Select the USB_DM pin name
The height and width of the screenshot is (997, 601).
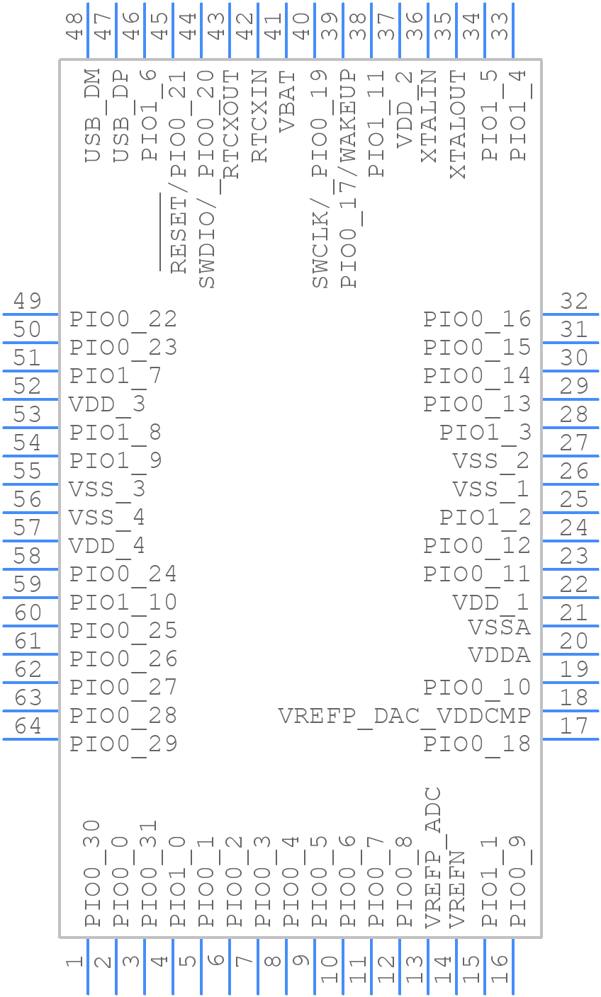pos(92,115)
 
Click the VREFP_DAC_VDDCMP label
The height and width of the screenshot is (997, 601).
pos(404,716)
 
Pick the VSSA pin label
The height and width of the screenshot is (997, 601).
pos(499,627)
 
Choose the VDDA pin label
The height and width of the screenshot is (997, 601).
pos(499,656)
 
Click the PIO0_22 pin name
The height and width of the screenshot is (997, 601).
pos(123,319)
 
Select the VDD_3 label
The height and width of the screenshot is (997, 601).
pos(107,404)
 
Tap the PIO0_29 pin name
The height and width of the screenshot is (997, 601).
pos(123,744)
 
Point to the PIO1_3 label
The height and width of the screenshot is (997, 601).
pos(485,433)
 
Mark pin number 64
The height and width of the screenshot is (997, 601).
pos(28,726)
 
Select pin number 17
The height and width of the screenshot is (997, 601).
pos(574,726)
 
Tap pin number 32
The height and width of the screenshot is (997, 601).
pos(574,301)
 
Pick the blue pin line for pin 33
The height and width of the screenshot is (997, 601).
pos(513,32)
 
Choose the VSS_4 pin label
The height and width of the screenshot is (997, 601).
pos(107,518)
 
